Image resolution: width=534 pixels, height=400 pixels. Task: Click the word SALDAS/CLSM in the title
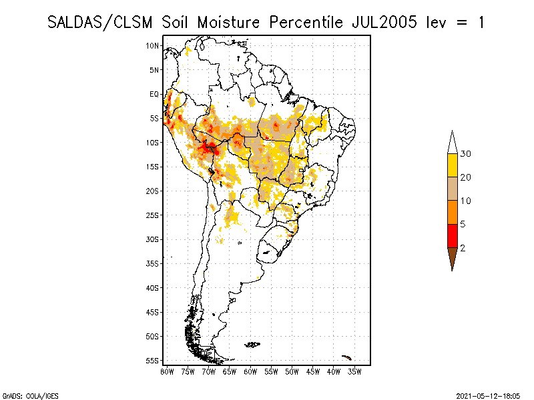[x=101, y=22]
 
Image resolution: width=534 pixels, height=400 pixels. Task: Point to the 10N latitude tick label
[x=154, y=45]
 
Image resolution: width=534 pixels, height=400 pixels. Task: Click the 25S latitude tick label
[x=154, y=215]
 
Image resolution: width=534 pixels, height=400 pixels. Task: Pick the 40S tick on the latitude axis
[x=154, y=287]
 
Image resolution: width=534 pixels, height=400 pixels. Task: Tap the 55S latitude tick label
[x=154, y=361]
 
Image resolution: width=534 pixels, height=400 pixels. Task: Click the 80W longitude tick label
[x=167, y=371]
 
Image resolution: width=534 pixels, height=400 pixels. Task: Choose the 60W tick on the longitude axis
[x=250, y=371]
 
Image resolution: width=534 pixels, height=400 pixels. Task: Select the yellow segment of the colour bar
[x=452, y=166]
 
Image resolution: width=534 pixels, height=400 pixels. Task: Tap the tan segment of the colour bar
[x=452, y=189]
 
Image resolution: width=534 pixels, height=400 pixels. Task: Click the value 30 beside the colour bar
[x=466, y=154]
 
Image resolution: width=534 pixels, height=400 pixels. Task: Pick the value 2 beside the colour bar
[x=463, y=248]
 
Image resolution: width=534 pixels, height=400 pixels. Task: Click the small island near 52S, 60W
[x=252, y=345]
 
